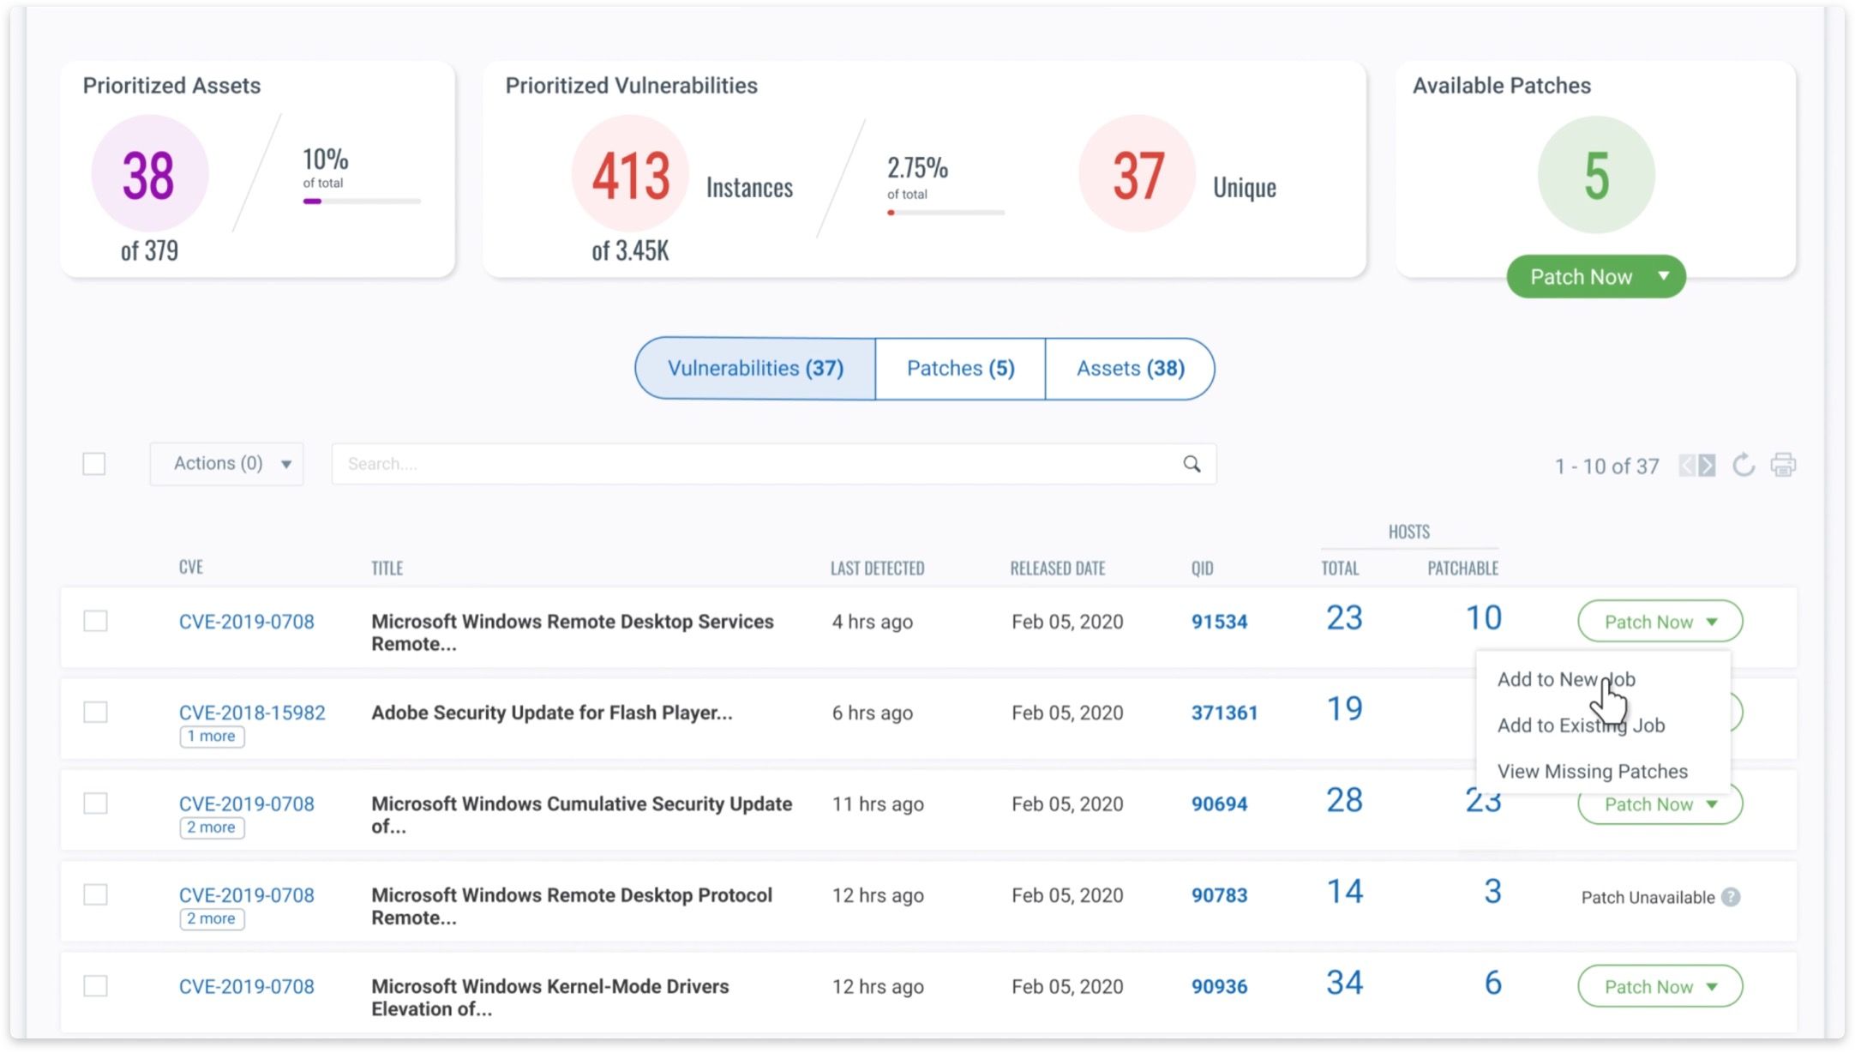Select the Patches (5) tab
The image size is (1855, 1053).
[x=960, y=369]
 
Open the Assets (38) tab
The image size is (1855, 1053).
[x=1130, y=369]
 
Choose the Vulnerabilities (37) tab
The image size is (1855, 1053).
[x=755, y=369]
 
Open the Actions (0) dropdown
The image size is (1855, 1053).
[x=227, y=464]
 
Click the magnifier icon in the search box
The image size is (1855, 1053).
[x=1192, y=464]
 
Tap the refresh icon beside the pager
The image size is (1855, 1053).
[x=1743, y=465]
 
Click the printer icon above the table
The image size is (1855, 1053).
[x=1783, y=465]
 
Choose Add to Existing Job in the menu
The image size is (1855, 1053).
[x=1581, y=725]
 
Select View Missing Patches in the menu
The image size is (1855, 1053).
[x=1592, y=772]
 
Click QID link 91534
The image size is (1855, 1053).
[x=1219, y=622]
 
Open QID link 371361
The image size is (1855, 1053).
[x=1224, y=713]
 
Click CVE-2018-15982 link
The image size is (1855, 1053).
[x=252, y=713]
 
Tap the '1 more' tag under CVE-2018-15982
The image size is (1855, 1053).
[x=212, y=737]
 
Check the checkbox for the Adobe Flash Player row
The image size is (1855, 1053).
[x=95, y=713]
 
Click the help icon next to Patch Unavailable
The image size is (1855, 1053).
[x=1731, y=897]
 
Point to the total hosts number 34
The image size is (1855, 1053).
[x=1344, y=983]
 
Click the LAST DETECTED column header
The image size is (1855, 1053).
[x=877, y=569]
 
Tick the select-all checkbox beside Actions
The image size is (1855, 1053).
[x=94, y=464]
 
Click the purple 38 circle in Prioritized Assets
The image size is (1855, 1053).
[x=150, y=174]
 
